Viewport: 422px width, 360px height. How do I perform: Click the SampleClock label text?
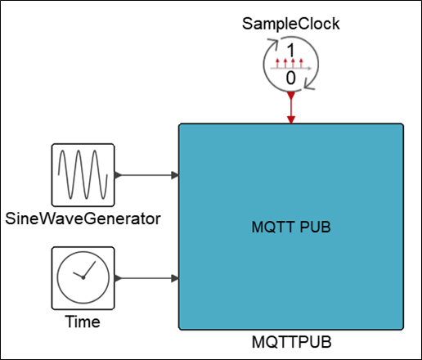pos(290,24)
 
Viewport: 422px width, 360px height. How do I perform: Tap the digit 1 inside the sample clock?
pos(291,51)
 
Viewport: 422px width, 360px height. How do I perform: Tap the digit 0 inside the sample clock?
pos(291,78)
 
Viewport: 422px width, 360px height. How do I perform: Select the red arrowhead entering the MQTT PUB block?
pos(291,119)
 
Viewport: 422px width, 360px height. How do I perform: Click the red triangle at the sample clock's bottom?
pos(291,96)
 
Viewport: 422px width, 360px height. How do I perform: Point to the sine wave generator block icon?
pos(83,175)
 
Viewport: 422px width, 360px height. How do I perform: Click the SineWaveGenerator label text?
pos(83,218)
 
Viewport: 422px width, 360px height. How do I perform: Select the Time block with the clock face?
pos(83,278)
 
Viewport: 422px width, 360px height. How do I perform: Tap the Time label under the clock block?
pos(83,322)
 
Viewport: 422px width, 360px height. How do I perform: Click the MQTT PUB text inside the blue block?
pos(291,227)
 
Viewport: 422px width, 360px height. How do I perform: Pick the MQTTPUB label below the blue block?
pos(291,342)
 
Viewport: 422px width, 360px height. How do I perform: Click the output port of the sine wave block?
pos(118,175)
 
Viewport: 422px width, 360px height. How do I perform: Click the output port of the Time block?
pos(118,278)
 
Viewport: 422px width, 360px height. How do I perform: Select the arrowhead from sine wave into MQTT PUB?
pos(175,175)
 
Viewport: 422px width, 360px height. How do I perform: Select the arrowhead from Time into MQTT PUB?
pos(175,278)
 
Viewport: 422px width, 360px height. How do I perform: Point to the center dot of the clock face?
pos(83,277)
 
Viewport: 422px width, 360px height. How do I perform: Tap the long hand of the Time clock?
pos(89,269)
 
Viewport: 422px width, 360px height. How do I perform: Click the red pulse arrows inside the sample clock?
pos(290,63)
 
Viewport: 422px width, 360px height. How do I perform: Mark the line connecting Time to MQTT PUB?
pos(146,278)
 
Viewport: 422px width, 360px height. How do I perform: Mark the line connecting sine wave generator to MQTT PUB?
pos(146,175)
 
